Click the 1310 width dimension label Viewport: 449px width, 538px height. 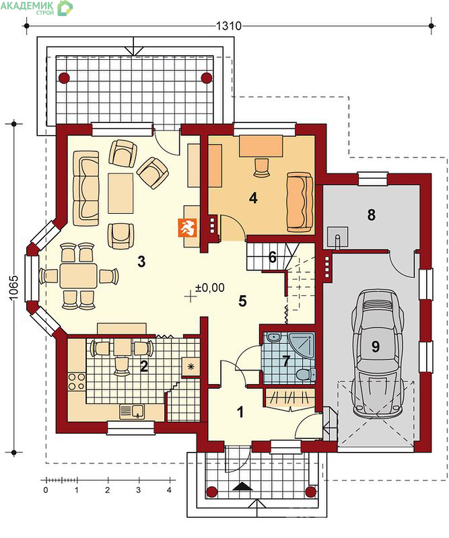click(x=229, y=26)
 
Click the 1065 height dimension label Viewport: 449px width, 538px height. click(x=13, y=288)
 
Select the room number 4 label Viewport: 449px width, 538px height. click(x=253, y=198)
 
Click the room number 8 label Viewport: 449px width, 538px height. click(x=371, y=215)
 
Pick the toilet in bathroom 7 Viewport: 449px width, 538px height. click(x=305, y=375)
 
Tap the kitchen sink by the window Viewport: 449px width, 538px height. click(x=132, y=412)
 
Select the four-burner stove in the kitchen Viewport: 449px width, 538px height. click(x=77, y=381)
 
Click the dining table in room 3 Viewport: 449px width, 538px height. click(x=78, y=276)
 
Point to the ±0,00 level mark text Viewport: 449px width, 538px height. click(x=210, y=287)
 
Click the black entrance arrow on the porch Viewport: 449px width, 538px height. click(x=242, y=486)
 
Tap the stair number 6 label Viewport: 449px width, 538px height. click(x=273, y=257)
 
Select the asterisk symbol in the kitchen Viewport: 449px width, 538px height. click(x=191, y=367)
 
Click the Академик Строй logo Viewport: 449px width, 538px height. click(x=37, y=8)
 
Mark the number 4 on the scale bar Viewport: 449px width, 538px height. click(x=169, y=490)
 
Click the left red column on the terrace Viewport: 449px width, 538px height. click(x=64, y=78)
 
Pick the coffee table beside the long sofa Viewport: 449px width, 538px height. click(x=120, y=193)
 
